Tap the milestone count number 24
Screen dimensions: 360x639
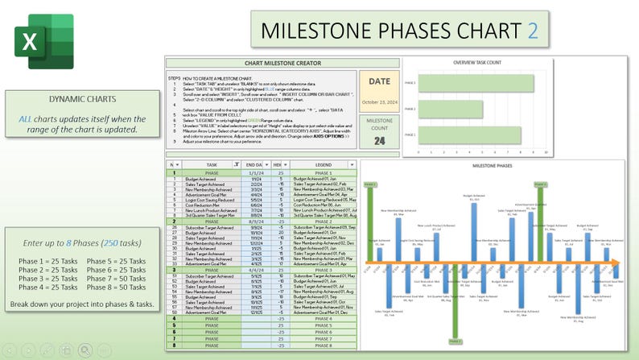(x=379, y=140)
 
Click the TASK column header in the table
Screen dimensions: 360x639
(x=212, y=164)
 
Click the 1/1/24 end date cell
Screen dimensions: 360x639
(x=258, y=172)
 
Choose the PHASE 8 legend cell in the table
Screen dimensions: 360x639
(x=323, y=346)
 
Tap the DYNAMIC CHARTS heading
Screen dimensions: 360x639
(x=70, y=99)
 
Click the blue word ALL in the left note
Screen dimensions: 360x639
(x=23, y=118)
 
